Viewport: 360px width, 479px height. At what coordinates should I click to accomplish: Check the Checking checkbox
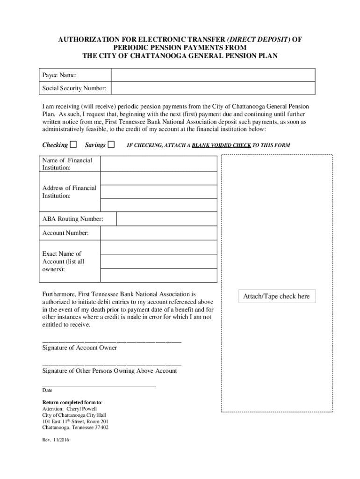(x=73, y=145)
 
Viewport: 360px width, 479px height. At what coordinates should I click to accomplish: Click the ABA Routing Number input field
(x=166, y=219)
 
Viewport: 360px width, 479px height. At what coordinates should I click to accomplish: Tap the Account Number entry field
(x=158, y=233)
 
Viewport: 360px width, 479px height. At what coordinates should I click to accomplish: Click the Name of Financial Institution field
(x=158, y=164)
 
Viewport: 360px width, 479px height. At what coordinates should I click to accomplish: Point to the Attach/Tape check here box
(x=276, y=297)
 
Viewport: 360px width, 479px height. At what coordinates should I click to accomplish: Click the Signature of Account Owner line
(x=112, y=341)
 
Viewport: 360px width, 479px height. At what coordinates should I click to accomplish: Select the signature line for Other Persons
(x=112, y=364)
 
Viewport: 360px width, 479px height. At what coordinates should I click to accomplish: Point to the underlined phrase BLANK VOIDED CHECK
(x=221, y=145)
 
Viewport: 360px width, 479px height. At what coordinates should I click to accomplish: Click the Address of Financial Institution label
(x=69, y=192)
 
